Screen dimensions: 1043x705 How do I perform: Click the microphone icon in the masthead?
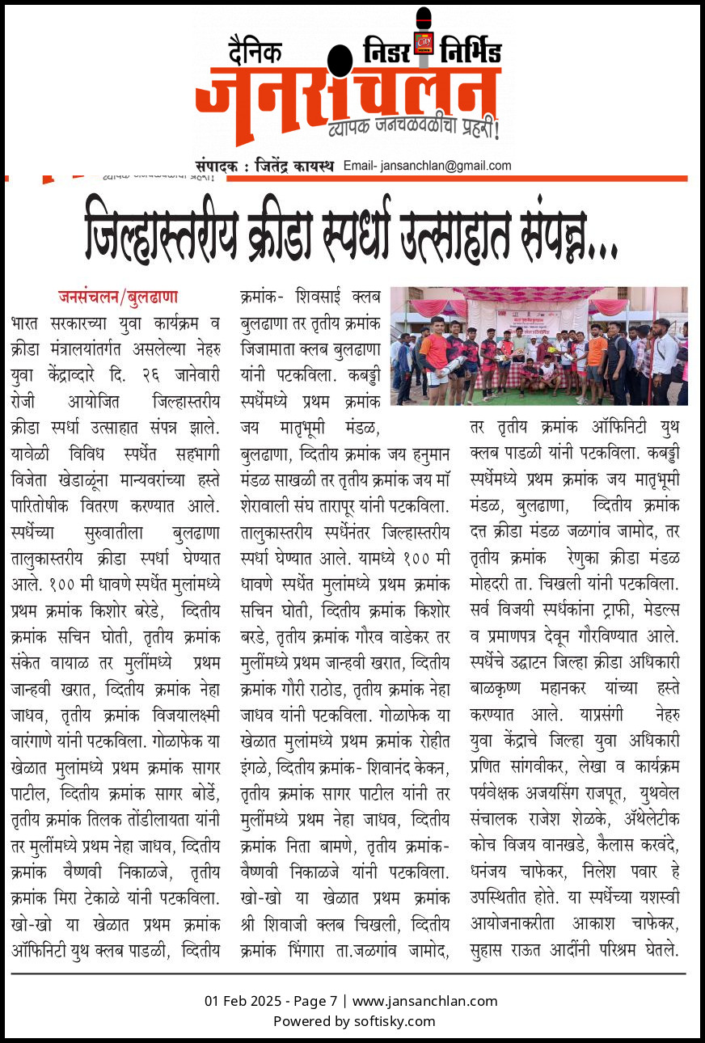click(423, 32)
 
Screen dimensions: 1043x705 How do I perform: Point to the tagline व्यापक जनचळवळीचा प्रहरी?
click(413, 128)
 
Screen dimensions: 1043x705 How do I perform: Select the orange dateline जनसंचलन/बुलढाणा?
click(118, 297)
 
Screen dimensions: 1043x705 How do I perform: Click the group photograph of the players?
click(538, 345)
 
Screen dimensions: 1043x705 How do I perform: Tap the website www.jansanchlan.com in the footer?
click(424, 1001)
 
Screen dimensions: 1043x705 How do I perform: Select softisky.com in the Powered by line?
click(395, 1020)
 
